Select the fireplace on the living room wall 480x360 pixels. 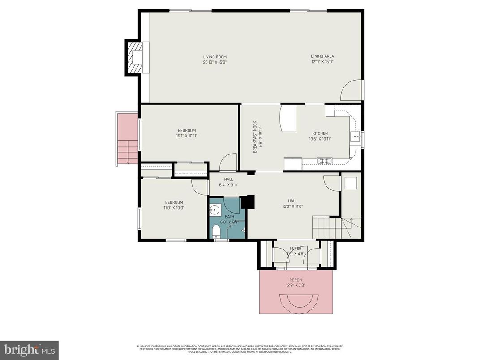click(134, 57)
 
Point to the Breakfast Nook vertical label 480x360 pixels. click(255, 137)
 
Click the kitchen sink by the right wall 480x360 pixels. click(355, 137)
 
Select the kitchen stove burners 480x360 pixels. click(323, 160)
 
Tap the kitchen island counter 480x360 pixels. click(288, 119)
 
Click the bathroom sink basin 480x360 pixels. click(215, 210)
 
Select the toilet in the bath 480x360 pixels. click(216, 231)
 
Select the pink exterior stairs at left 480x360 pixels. click(127, 139)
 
